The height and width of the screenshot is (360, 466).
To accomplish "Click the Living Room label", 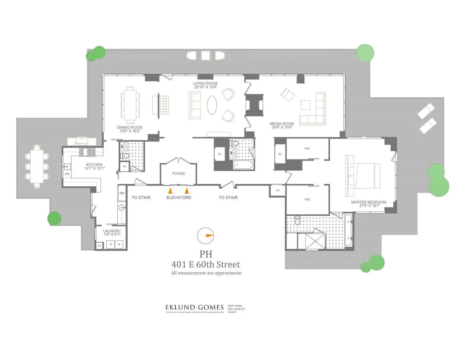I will click(205, 83).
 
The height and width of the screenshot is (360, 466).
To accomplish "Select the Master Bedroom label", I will click(369, 202).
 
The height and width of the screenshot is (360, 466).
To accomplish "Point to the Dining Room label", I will click(130, 127).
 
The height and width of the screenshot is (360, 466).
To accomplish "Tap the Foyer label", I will click(178, 174).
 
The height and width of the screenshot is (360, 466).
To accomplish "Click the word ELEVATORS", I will click(179, 197).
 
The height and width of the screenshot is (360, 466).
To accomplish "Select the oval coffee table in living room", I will click(212, 105).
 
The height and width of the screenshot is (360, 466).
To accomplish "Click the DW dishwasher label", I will click(67, 174).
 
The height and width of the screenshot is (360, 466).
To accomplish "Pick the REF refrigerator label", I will click(122, 193).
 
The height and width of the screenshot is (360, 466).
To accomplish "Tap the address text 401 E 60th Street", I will click(206, 265).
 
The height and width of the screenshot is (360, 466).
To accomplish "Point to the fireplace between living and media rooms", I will click(254, 105).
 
